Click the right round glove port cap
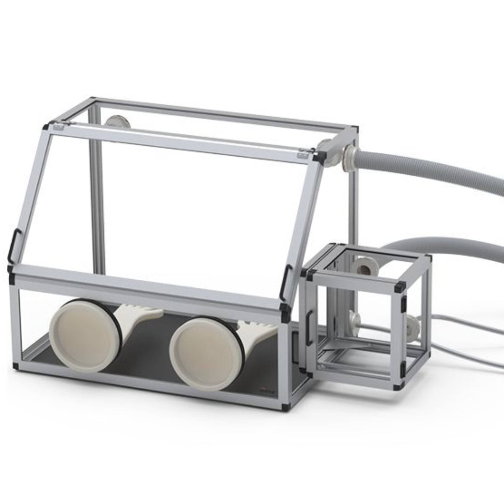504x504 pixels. click(x=204, y=351)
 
